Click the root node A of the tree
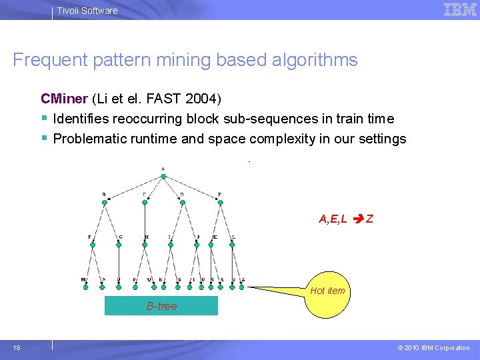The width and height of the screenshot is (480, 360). [x=163, y=177]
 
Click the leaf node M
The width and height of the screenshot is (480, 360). [x=85, y=287]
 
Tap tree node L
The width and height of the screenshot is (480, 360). [x=232, y=245]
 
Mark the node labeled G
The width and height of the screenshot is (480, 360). [x=119, y=245]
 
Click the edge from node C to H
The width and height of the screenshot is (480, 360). [x=145, y=222]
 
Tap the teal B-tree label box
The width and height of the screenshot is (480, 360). [x=161, y=306]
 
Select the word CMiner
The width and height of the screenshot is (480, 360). [x=64, y=99]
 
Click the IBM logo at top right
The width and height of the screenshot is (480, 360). [x=460, y=9]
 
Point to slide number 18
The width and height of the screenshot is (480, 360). [x=17, y=347]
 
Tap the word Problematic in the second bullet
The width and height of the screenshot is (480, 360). [x=85, y=139]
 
